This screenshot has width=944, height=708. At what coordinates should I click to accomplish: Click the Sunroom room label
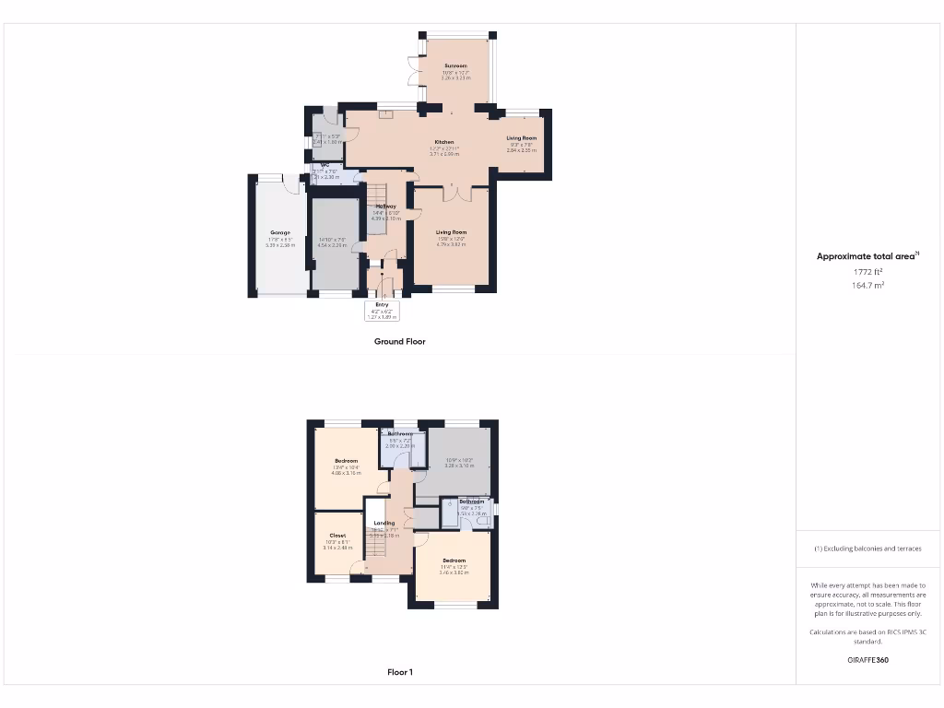click(x=455, y=66)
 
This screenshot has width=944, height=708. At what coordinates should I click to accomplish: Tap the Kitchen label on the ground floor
click(x=444, y=142)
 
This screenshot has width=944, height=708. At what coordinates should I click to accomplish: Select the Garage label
click(x=279, y=232)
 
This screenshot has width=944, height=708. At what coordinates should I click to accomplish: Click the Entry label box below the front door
click(x=382, y=305)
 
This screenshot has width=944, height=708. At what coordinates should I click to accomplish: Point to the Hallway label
click(x=384, y=206)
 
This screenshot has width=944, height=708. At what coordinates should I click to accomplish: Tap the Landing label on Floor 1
click(x=383, y=523)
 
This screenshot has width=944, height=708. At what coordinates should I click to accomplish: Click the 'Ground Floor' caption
click(x=399, y=341)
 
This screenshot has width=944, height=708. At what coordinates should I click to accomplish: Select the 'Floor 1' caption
click(x=399, y=672)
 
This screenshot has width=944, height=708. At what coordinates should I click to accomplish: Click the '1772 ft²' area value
click(x=867, y=272)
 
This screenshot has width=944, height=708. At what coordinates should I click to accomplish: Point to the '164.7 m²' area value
click(x=867, y=286)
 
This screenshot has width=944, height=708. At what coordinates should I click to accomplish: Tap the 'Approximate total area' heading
click(x=867, y=256)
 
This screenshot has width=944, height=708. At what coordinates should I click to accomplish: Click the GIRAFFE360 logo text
click(x=867, y=660)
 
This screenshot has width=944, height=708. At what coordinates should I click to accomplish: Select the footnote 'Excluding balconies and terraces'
click(x=867, y=549)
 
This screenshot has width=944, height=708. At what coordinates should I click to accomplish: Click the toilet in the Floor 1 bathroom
click(x=481, y=522)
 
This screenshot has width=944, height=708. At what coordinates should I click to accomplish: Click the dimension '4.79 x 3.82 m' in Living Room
click(x=452, y=244)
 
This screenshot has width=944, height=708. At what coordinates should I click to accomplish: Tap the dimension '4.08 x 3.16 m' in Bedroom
click(x=346, y=472)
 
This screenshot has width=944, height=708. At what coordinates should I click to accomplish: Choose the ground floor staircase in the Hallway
click(x=375, y=195)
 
